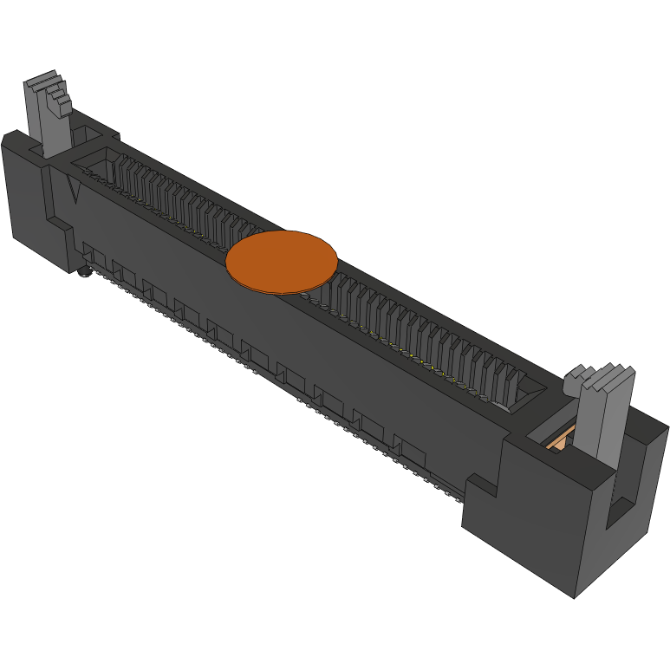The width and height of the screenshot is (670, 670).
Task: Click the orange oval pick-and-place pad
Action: [x=282, y=261]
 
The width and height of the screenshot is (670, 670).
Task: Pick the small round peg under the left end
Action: [x=84, y=273]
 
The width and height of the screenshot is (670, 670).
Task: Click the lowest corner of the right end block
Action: [x=574, y=596]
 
